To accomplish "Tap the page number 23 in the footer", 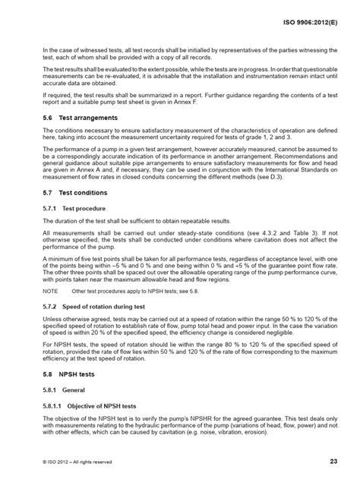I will point(333,462).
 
